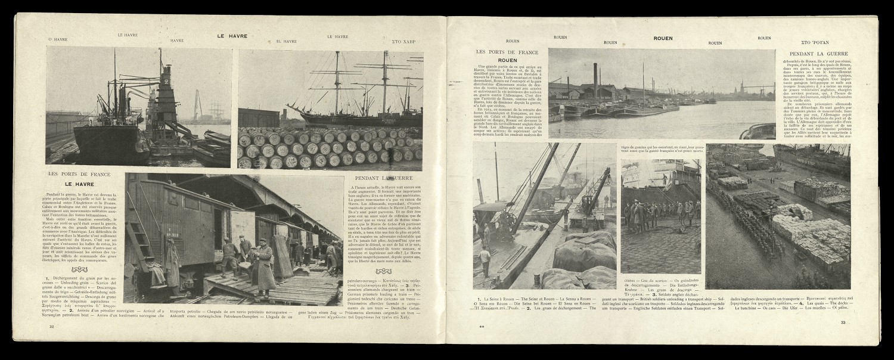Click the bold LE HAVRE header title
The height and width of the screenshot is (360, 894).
point(232,36)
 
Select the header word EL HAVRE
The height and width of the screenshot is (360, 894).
point(287,41)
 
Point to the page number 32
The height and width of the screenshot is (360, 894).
point(52,326)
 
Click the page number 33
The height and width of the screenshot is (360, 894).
point(843,322)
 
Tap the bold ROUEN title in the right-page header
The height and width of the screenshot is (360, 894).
point(663,38)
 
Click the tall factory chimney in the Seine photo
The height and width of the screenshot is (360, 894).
point(596,80)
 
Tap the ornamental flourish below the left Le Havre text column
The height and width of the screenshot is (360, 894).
point(79,269)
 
